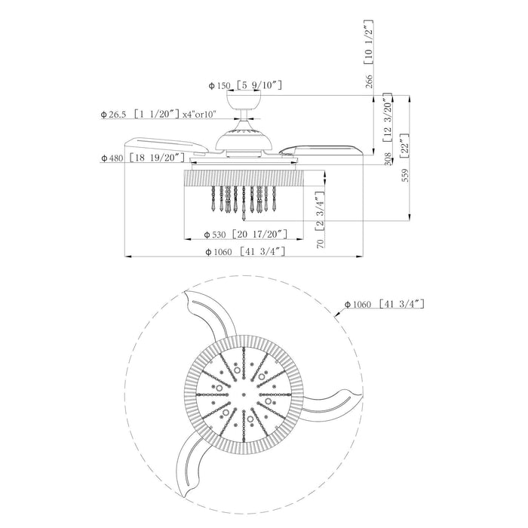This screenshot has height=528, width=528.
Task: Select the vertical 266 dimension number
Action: [370, 81]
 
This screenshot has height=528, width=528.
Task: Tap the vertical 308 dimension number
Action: [388, 159]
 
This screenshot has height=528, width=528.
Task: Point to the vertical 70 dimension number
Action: [321, 244]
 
